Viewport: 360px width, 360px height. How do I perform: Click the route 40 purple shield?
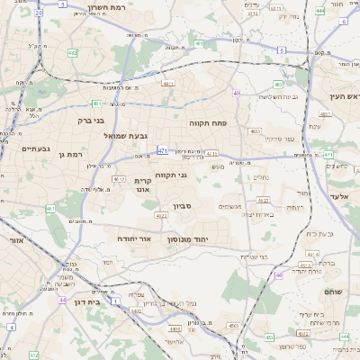[x=236, y=93]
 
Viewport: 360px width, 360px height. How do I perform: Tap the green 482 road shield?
[x=72, y=53]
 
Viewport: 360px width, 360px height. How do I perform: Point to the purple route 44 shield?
[x=62, y=299]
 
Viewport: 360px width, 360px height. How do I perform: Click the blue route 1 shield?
[x=115, y=301]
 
